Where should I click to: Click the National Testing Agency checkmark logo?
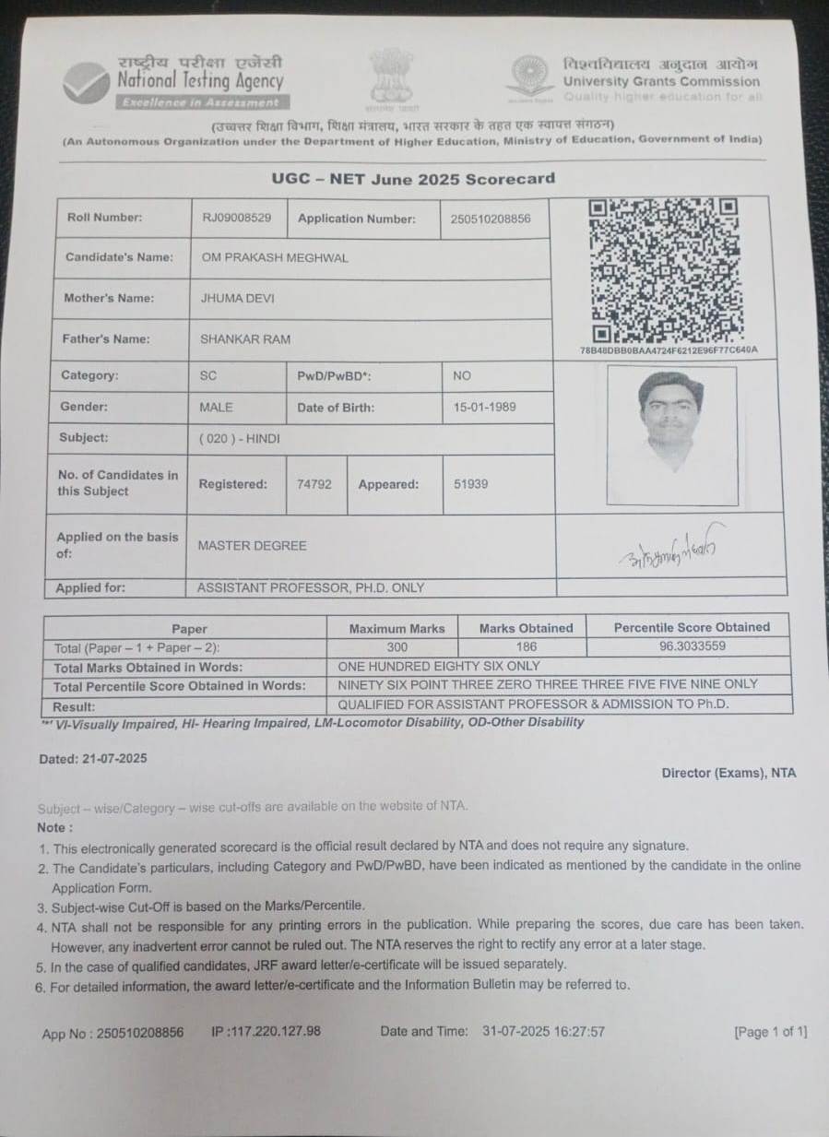[x=87, y=82]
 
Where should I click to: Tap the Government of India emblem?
[x=391, y=75]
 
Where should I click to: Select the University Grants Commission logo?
[x=530, y=77]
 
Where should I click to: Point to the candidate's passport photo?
[x=671, y=434]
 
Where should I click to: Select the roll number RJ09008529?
[x=236, y=219]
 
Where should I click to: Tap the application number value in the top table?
[x=491, y=219]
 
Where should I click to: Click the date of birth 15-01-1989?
[x=485, y=407]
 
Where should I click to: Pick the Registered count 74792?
[x=314, y=484]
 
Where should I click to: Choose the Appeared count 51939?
[x=471, y=484]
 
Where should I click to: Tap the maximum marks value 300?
[x=397, y=647]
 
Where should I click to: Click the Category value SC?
[x=208, y=375]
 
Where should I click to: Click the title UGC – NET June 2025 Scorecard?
[x=413, y=178]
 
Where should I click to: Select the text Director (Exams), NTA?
[x=728, y=773]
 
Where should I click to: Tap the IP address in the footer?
[x=266, y=1031]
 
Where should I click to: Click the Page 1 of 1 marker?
[x=770, y=1032]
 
